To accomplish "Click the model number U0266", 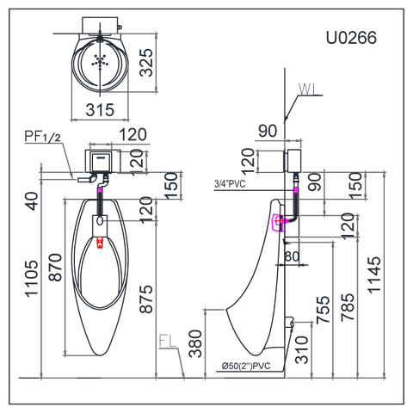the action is coord(351,38).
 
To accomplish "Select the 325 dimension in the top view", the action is coord(146,63).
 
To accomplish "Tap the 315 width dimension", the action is coord(100,110).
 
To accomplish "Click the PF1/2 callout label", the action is coord(43,136).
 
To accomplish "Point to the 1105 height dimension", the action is coord(32,278).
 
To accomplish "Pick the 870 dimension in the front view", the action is coord(55,267).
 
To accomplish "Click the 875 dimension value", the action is coord(146,299).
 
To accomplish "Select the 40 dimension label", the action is coord(32,201).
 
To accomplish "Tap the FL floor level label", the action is coord(168,342).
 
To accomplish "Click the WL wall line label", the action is coord(307,89).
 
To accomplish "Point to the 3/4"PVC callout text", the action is coord(230,183).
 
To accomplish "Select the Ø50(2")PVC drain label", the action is coord(246,366).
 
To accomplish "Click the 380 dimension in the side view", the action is coord(195,343).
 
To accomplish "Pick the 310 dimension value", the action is coord(302,350).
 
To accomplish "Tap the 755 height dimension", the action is coord(323,310).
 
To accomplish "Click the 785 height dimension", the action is coord(348,306).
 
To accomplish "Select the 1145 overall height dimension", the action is coord(374,275).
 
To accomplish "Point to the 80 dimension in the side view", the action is coord(292,256).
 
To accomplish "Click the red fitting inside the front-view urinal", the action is coord(100,242).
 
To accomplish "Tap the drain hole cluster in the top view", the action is coord(100,62).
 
